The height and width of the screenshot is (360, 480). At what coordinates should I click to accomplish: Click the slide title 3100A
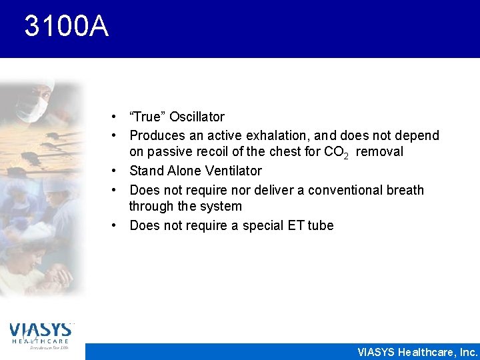coord(65,27)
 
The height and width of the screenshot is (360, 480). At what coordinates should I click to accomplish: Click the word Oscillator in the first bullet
coord(197,117)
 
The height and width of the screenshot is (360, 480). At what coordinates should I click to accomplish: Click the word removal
coord(379,152)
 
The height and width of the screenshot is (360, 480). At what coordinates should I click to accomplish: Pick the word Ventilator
coord(231,171)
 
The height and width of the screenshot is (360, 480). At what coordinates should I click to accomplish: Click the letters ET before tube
coord(295,226)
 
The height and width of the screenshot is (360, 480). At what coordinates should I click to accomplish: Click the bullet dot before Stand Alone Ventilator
coord(115,171)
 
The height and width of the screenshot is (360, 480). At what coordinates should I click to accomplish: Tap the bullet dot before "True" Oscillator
coord(115,117)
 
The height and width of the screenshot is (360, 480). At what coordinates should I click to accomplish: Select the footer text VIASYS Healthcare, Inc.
coord(417,352)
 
